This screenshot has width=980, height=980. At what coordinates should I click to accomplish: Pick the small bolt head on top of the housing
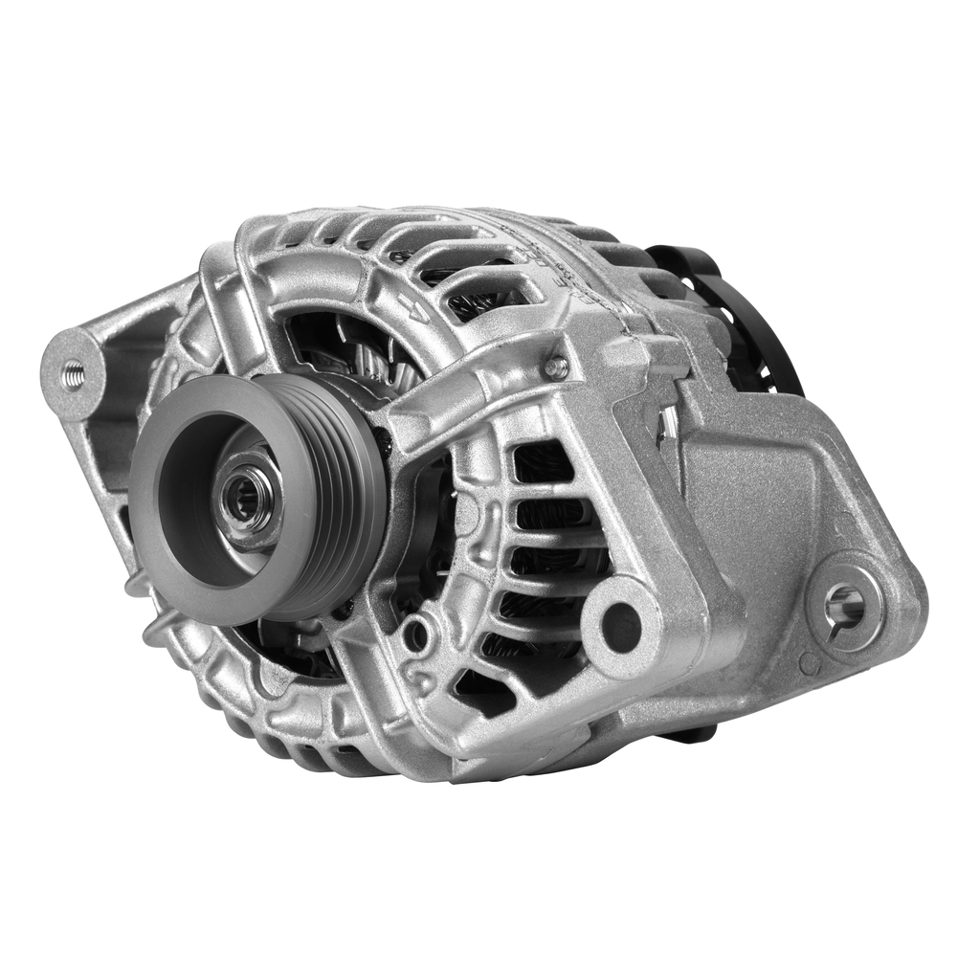pos(554,367)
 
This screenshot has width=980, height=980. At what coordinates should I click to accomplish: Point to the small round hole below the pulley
pos(416,633)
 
